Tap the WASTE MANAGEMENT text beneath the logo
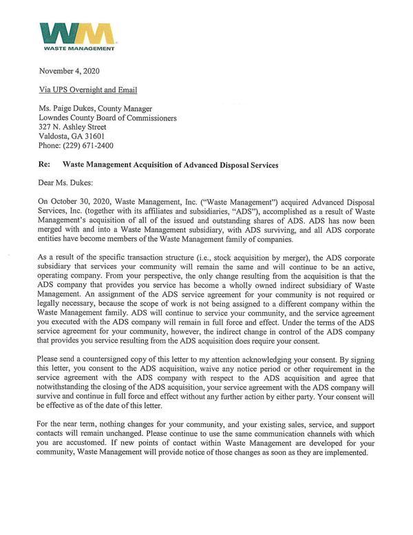pyautogui.click(x=77, y=49)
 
